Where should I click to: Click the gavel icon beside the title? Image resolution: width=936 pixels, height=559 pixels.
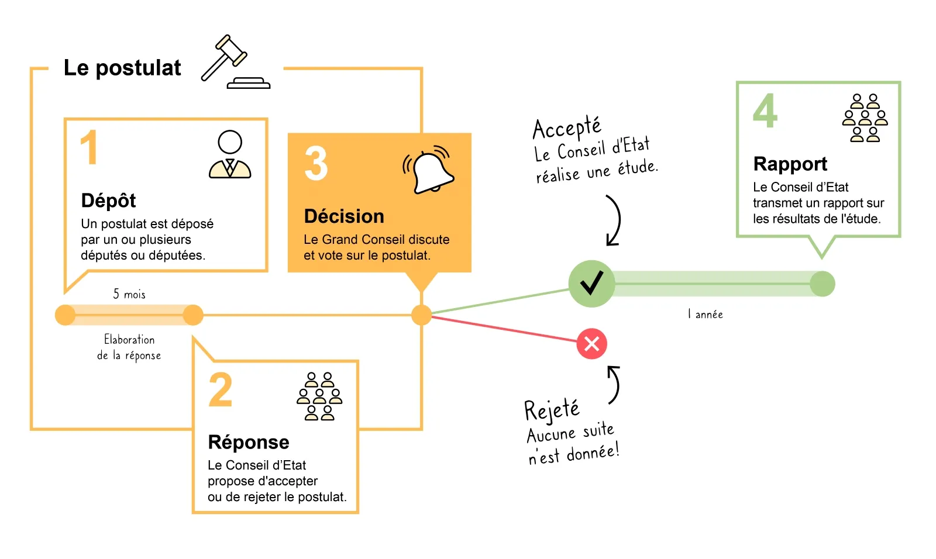click(x=234, y=62)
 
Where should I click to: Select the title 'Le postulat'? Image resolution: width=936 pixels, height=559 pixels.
click(x=122, y=68)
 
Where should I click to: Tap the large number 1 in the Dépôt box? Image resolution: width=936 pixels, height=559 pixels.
click(x=89, y=148)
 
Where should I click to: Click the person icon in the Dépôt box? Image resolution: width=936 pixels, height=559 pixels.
click(x=230, y=154)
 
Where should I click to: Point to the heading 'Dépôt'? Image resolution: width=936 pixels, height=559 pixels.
click(x=108, y=201)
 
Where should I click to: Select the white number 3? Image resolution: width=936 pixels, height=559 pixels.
click(x=316, y=163)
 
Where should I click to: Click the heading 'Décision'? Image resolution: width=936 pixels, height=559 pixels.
click(x=344, y=216)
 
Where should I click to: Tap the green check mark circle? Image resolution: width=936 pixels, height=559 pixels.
click(x=591, y=284)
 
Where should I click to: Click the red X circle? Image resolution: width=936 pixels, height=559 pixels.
click(x=591, y=343)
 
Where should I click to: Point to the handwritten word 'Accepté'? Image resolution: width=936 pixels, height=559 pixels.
click(x=566, y=127)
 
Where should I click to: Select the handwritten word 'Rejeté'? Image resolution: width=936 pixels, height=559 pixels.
click(x=552, y=409)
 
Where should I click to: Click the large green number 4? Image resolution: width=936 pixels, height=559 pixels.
click(x=765, y=111)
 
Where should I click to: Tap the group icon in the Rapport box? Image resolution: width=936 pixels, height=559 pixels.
click(x=865, y=118)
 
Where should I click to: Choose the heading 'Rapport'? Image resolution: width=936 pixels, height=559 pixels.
click(x=790, y=164)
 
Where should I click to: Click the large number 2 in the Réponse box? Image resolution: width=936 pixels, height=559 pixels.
click(x=221, y=390)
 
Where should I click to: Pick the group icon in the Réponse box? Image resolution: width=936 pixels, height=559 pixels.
click(x=319, y=396)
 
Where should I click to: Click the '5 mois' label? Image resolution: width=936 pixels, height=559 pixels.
click(x=129, y=294)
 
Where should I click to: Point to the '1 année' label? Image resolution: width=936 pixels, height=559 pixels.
click(x=706, y=314)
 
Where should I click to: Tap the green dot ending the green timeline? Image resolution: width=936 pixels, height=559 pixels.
click(x=822, y=284)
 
